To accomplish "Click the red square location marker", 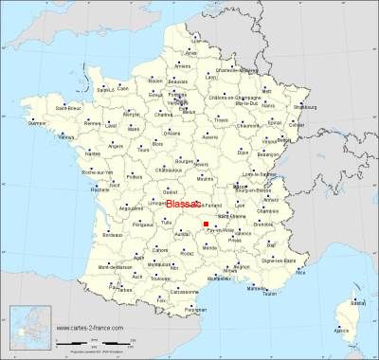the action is click(206, 224).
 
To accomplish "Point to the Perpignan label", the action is click(196, 309).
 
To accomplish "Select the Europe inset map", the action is click(27, 328).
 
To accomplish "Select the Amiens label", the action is click(182, 66).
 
